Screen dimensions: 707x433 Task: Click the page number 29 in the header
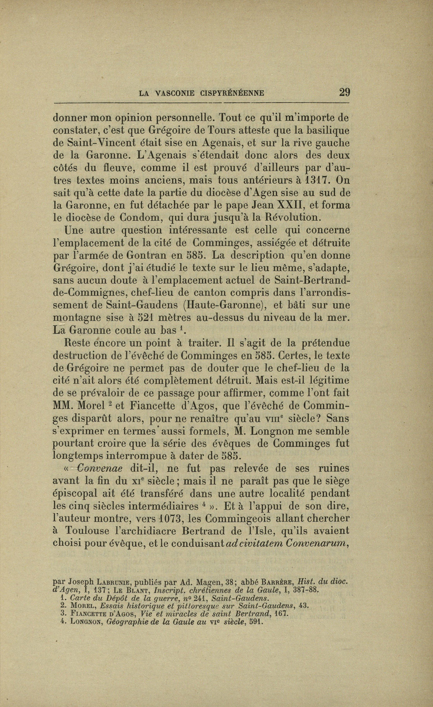(x=344, y=92)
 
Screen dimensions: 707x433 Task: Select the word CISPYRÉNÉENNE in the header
(x=233, y=93)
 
